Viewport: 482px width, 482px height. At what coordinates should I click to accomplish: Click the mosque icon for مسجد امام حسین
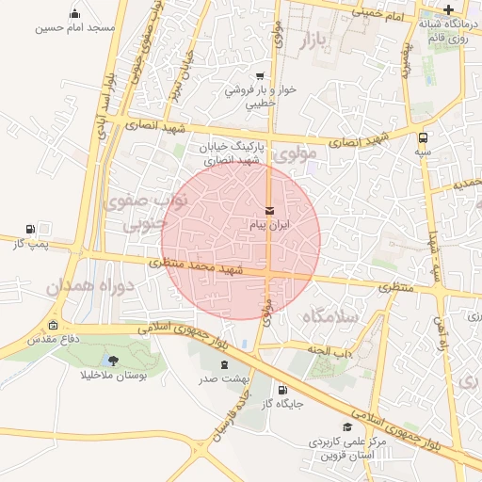[x=75, y=14]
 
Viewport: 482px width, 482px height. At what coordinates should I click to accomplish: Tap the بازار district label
[x=317, y=41]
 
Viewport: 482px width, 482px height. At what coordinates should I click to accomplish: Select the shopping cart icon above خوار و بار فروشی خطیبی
[x=260, y=77]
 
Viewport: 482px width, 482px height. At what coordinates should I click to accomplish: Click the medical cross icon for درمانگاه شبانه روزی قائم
[x=449, y=9]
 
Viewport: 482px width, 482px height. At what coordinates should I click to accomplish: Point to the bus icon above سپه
[x=423, y=137]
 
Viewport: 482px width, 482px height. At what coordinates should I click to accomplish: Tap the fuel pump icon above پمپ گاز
[x=31, y=229]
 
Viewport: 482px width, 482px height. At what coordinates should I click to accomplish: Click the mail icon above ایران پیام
[x=270, y=209]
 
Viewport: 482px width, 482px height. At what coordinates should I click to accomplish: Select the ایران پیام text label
[x=270, y=226]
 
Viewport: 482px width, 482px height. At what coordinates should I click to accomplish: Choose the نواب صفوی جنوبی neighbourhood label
[x=156, y=211]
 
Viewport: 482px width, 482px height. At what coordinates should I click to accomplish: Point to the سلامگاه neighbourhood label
[x=330, y=316]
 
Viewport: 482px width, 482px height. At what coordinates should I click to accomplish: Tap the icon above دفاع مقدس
[x=53, y=325]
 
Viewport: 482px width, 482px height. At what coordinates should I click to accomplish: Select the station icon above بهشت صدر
[x=223, y=363]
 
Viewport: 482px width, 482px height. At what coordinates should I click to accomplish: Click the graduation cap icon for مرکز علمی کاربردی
[x=348, y=427]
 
